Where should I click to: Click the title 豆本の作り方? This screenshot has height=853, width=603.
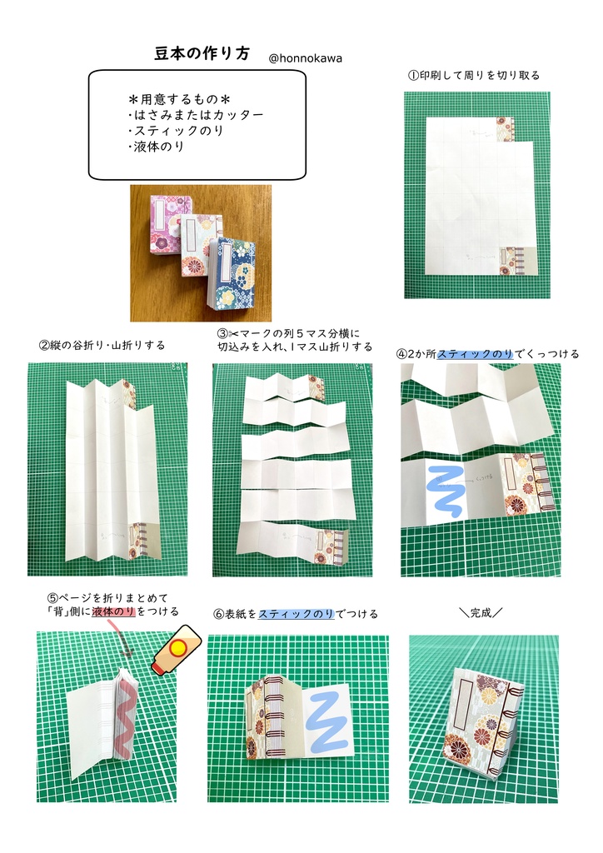coord(202,53)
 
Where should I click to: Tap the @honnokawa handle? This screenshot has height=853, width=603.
coord(306,58)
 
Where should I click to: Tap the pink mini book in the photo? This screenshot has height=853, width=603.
coord(170,222)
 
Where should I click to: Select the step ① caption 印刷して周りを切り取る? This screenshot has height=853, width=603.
coord(473,75)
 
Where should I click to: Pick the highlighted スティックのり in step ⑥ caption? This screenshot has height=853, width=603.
coord(296,614)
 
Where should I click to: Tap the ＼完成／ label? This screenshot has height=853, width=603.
coord(481,613)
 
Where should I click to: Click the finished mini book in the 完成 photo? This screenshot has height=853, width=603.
coord(473,721)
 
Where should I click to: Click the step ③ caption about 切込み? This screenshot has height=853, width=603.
coord(294,340)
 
